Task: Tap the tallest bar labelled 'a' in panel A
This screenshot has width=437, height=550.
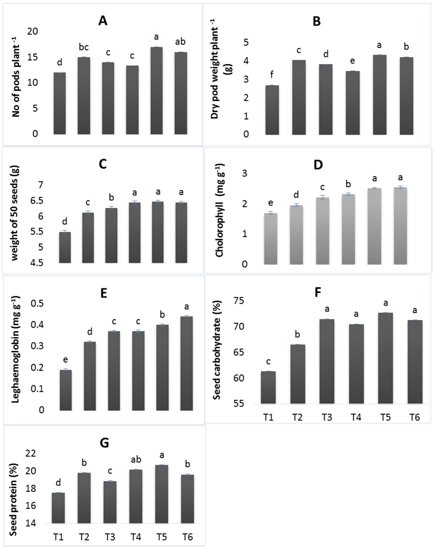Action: coord(156,91)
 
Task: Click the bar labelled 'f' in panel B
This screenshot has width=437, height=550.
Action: coord(272,110)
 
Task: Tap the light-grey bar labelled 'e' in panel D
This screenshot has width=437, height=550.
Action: coord(271,239)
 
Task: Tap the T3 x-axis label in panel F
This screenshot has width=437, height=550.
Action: coord(327,417)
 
